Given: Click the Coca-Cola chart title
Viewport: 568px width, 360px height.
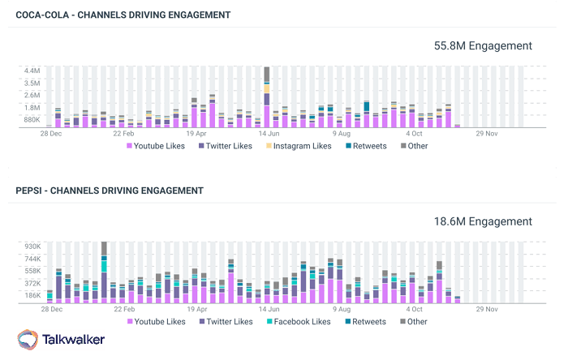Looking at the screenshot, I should tap(123, 15).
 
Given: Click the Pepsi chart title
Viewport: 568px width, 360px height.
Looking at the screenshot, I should tap(110, 191).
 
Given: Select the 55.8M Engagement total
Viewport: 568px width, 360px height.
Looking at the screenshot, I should tap(484, 46).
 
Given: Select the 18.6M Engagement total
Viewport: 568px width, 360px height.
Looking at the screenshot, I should tap(484, 221).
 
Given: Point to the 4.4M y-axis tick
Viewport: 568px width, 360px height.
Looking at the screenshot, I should tap(32, 71).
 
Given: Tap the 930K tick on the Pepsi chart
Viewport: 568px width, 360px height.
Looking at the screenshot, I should tap(32, 246).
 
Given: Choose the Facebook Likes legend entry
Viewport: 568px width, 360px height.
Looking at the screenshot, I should tap(298, 321).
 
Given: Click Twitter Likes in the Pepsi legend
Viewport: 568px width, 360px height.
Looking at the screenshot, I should tap(226, 321).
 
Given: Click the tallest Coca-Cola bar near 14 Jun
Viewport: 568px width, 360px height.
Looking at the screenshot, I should tap(266, 97).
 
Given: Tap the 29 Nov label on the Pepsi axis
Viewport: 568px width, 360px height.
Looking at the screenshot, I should tap(491, 308).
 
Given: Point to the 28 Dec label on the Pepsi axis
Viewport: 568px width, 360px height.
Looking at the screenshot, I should tap(51, 308).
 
